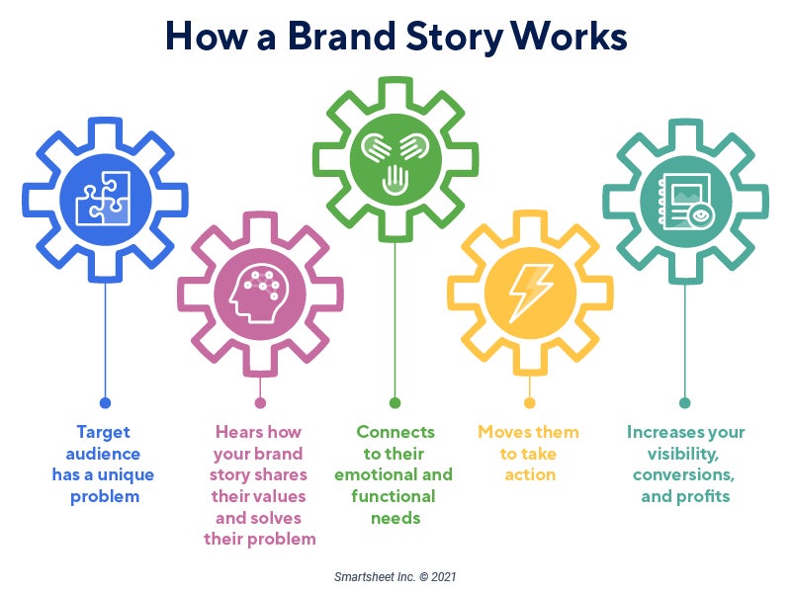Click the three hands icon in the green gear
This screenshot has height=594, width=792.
395,159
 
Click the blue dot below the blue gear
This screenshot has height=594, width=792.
105,402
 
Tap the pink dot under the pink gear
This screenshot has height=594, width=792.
260,402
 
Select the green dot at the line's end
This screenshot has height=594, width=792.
395,402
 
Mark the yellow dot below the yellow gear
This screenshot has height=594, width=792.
530,402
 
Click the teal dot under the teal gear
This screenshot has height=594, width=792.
684,402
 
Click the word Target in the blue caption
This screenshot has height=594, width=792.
104,432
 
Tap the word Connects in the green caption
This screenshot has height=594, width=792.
396,432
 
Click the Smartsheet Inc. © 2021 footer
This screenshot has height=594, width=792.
395,575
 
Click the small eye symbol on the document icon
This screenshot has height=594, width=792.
701,214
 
